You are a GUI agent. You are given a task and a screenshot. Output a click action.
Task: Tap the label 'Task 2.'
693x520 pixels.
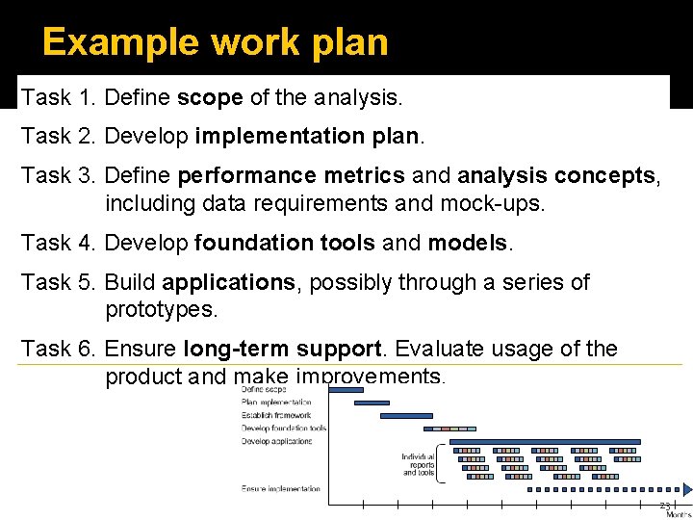click(x=59, y=137)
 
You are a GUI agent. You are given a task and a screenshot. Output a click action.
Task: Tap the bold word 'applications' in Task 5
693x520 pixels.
click(x=228, y=282)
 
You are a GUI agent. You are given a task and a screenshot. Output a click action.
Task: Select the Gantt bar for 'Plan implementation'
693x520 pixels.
click(x=355, y=403)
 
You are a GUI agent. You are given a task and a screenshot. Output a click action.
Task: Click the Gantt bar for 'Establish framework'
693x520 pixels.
click(x=406, y=416)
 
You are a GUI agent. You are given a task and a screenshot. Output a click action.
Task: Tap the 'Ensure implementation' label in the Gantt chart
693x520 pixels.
click(x=281, y=489)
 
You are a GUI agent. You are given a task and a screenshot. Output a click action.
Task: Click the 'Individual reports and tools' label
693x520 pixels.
click(x=419, y=464)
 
